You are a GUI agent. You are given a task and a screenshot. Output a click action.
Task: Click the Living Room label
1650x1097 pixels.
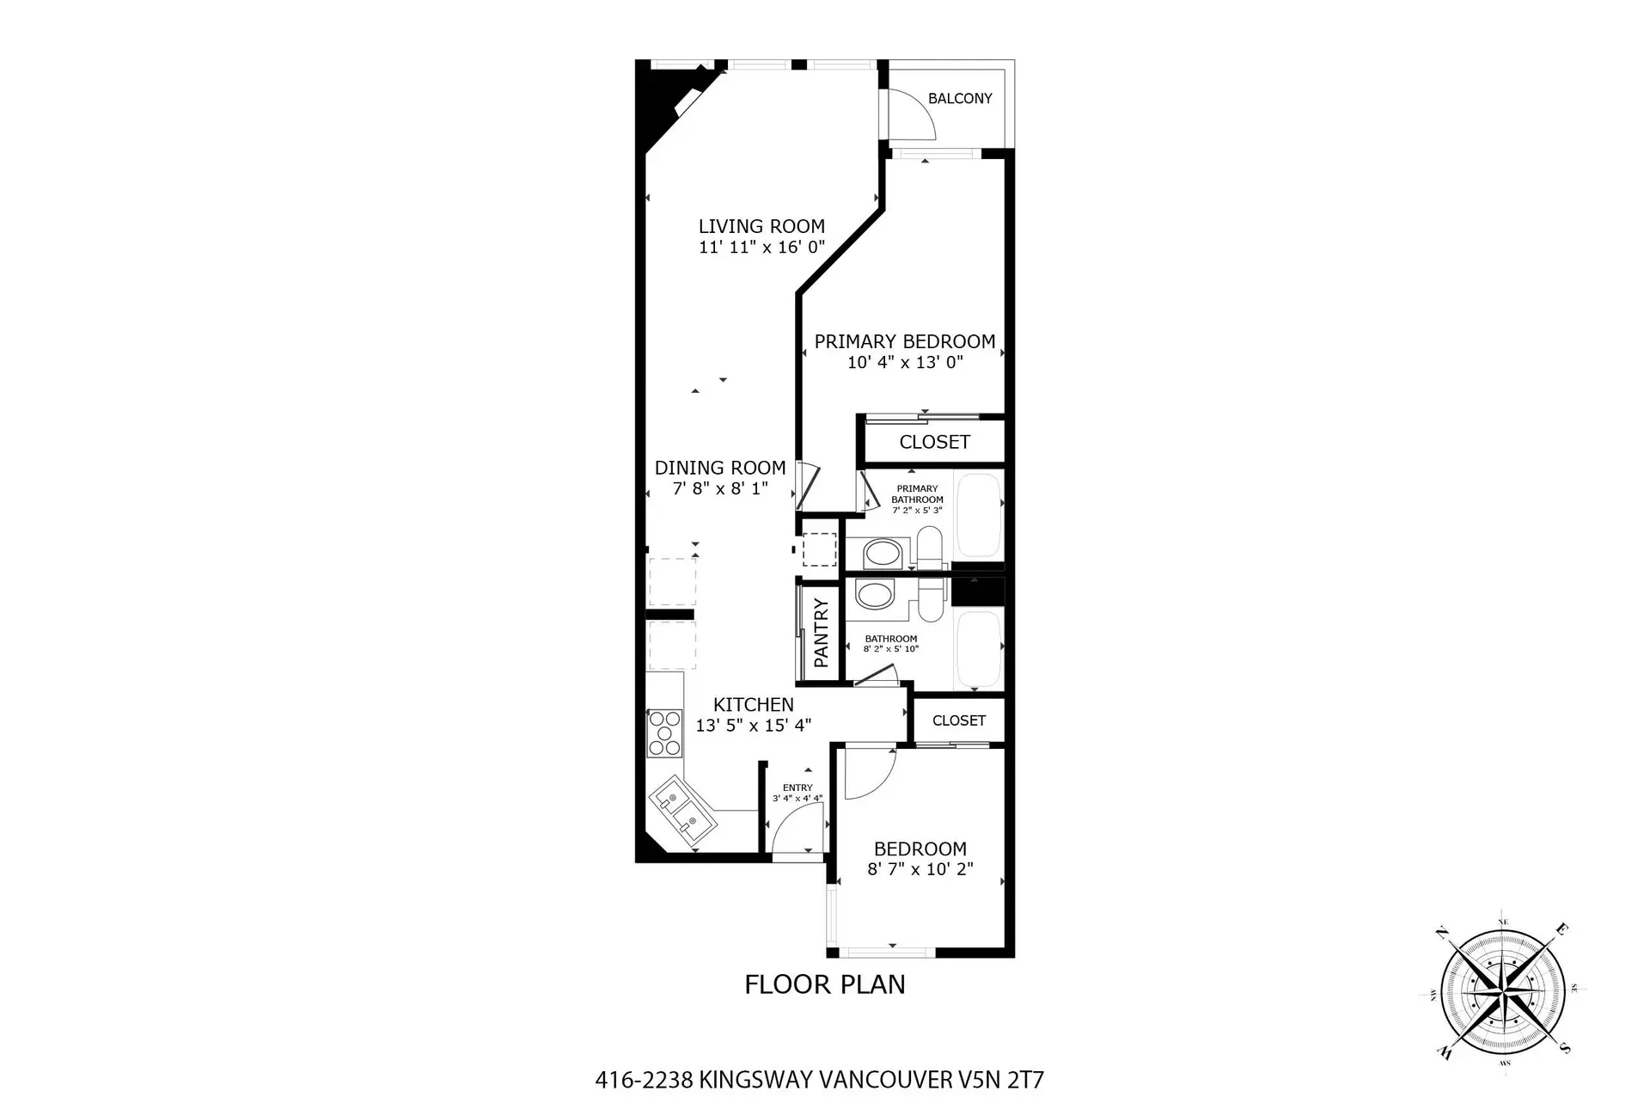[x=761, y=226]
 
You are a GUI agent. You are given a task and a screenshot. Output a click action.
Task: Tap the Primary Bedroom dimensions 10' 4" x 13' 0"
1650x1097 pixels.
[x=905, y=362]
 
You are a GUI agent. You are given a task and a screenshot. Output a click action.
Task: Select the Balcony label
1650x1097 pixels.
[x=960, y=99]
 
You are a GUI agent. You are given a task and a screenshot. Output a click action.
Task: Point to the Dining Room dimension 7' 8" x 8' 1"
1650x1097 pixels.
[x=720, y=489]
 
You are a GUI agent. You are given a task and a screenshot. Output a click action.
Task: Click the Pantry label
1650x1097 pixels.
[x=821, y=634]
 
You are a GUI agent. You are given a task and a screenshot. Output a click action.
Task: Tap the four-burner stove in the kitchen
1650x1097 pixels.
[x=664, y=732]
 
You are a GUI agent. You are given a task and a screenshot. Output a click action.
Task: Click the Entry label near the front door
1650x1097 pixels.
[x=797, y=788]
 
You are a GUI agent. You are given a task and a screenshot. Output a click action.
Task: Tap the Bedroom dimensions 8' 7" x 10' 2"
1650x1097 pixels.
[x=920, y=869]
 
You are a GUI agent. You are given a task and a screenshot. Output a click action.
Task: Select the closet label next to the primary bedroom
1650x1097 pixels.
[x=934, y=442]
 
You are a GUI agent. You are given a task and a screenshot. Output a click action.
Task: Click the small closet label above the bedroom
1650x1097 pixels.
[x=959, y=720]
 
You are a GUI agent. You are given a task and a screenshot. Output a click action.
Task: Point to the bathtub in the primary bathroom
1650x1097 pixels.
[x=979, y=514]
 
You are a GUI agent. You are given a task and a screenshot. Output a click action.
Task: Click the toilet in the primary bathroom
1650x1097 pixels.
[x=929, y=548]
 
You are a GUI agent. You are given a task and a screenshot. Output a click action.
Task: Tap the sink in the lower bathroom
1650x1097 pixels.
[x=875, y=595]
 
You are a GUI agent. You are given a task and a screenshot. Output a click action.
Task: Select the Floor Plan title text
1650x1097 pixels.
[x=824, y=984]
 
